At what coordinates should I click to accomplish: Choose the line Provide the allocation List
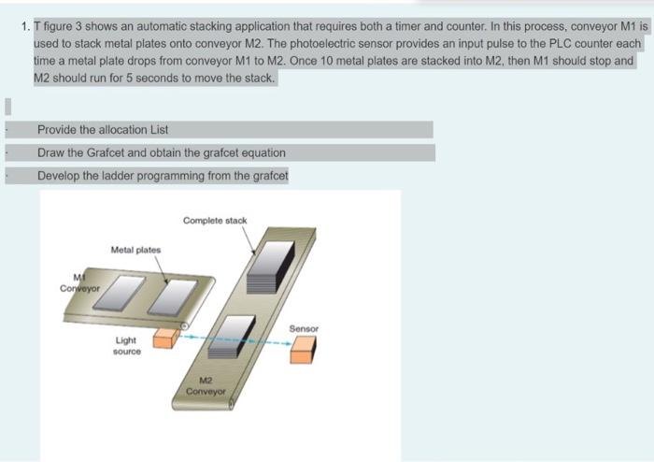coord(103,130)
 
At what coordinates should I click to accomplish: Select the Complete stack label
coord(215,221)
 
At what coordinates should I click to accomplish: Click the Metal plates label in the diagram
coord(135,250)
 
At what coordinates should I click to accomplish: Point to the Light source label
coord(128,346)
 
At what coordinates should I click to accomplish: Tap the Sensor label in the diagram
coord(304,329)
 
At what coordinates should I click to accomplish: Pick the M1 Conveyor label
coord(78,282)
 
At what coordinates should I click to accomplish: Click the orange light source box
coord(166,337)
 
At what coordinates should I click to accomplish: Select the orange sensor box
coord(303,349)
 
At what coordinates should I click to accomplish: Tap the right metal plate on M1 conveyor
coord(172,296)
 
